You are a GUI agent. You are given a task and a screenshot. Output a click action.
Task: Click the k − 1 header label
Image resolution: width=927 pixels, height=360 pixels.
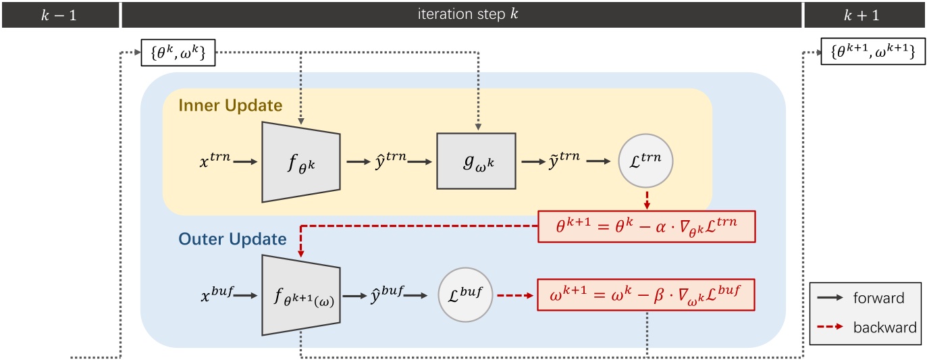[59, 14]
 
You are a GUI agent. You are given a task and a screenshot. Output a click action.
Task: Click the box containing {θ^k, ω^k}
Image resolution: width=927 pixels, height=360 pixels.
[178, 53]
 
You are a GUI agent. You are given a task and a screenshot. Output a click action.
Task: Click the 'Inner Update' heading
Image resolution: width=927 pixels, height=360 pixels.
[230, 106]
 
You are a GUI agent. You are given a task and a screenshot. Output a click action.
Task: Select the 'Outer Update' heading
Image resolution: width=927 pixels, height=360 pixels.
[232, 239]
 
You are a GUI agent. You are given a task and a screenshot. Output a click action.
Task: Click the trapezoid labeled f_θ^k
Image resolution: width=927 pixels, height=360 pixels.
[300, 161]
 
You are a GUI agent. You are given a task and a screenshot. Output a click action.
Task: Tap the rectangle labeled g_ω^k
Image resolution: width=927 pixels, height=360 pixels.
[476, 161]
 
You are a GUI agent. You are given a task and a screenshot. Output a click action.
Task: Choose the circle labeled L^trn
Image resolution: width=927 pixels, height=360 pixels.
[645, 161]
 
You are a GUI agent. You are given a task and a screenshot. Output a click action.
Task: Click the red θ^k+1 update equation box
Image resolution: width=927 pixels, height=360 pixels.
[645, 226]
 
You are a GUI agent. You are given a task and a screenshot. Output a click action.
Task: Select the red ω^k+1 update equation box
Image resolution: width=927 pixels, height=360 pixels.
[645, 295]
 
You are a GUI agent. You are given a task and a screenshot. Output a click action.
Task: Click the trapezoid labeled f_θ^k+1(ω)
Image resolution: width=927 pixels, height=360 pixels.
[300, 295]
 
